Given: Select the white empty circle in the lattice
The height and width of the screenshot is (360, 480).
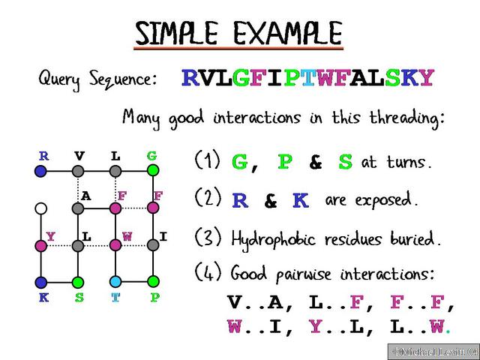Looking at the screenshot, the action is [42, 208].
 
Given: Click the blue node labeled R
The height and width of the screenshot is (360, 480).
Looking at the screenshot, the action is [42, 171].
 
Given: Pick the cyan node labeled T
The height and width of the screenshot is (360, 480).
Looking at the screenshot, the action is [115, 281].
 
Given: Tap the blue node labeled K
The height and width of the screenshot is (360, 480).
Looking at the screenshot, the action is [42, 281].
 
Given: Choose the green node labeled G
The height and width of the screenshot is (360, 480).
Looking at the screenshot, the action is [152, 171].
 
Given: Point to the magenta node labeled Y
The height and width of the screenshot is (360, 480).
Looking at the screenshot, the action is [42, 244].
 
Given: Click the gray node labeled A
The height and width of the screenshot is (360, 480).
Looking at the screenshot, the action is [79, 208].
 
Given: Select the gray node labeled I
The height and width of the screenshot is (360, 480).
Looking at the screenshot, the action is [152, 244].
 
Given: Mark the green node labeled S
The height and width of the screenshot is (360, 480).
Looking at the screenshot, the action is [79, 281].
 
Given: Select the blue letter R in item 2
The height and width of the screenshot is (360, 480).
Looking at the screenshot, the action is [240, 200].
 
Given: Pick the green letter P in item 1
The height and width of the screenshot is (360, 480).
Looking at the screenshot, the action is [285, 163].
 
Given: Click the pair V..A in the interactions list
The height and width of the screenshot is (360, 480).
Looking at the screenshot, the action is [254, 304].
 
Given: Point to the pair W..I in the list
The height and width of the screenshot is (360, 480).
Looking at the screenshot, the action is [254, 327].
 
